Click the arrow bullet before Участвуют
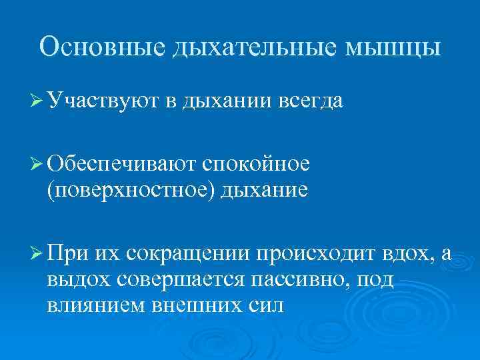pyautogui.click(x=39, y=101)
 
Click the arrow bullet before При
pyautogui.click(x=39, y=254)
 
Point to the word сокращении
pyautogui.click(x=186, y=254)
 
